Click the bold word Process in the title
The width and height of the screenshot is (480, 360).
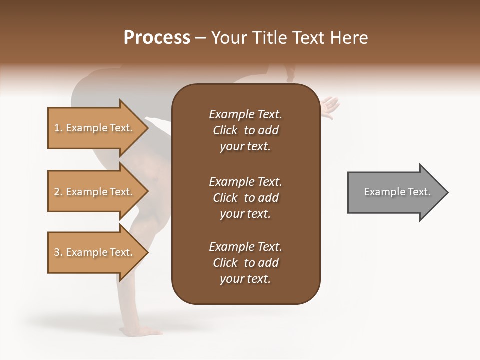(157, 38)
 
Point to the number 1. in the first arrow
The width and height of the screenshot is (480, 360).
(58, 128)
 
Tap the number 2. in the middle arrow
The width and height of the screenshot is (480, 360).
(58, 192)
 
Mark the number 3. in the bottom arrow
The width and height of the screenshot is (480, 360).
(58, 252)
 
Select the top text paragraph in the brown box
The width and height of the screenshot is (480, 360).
(245, 130)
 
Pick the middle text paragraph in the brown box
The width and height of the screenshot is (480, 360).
(245, 198)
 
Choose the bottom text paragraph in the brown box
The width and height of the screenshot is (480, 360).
(245, 263)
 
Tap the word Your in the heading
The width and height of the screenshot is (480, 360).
(228, 38)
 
